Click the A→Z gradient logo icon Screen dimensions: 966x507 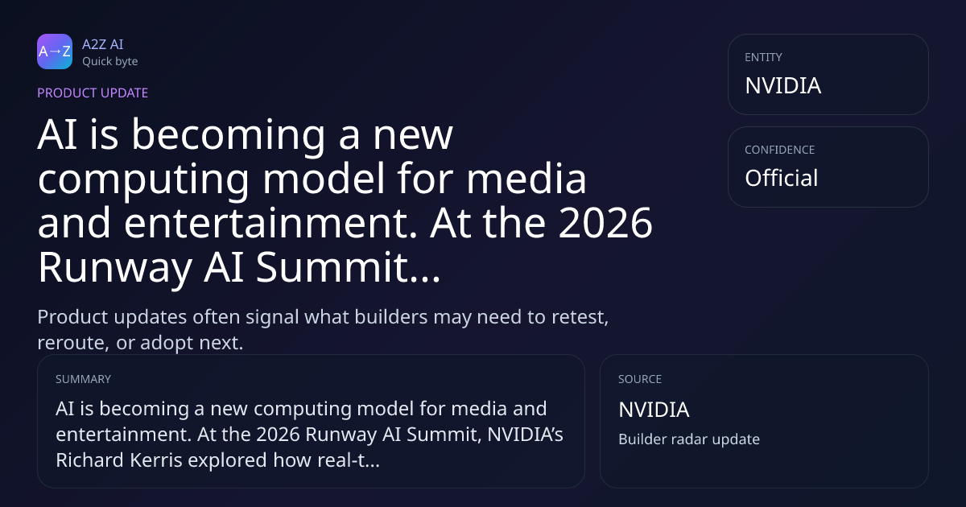55,52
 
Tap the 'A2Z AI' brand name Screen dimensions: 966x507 103,44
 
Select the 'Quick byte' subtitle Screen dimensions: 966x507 110,62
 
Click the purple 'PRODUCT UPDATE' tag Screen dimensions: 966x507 93,93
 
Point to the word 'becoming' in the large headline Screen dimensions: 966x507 228,135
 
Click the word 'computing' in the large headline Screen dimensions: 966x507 143,179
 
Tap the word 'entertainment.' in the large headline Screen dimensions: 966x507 270,222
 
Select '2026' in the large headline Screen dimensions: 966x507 605,222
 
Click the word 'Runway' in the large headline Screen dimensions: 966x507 115,267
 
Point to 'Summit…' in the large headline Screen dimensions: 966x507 348,267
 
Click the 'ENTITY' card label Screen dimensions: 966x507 763,57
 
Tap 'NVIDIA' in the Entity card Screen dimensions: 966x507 782,85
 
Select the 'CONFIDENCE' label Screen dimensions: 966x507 780,150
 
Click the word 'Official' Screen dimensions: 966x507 781,178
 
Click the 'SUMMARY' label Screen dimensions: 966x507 83,379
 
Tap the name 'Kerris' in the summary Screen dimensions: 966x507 155,460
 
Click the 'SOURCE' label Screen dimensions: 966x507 640,379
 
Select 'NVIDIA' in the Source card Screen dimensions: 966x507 654,410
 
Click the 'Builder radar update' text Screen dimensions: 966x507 689,439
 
